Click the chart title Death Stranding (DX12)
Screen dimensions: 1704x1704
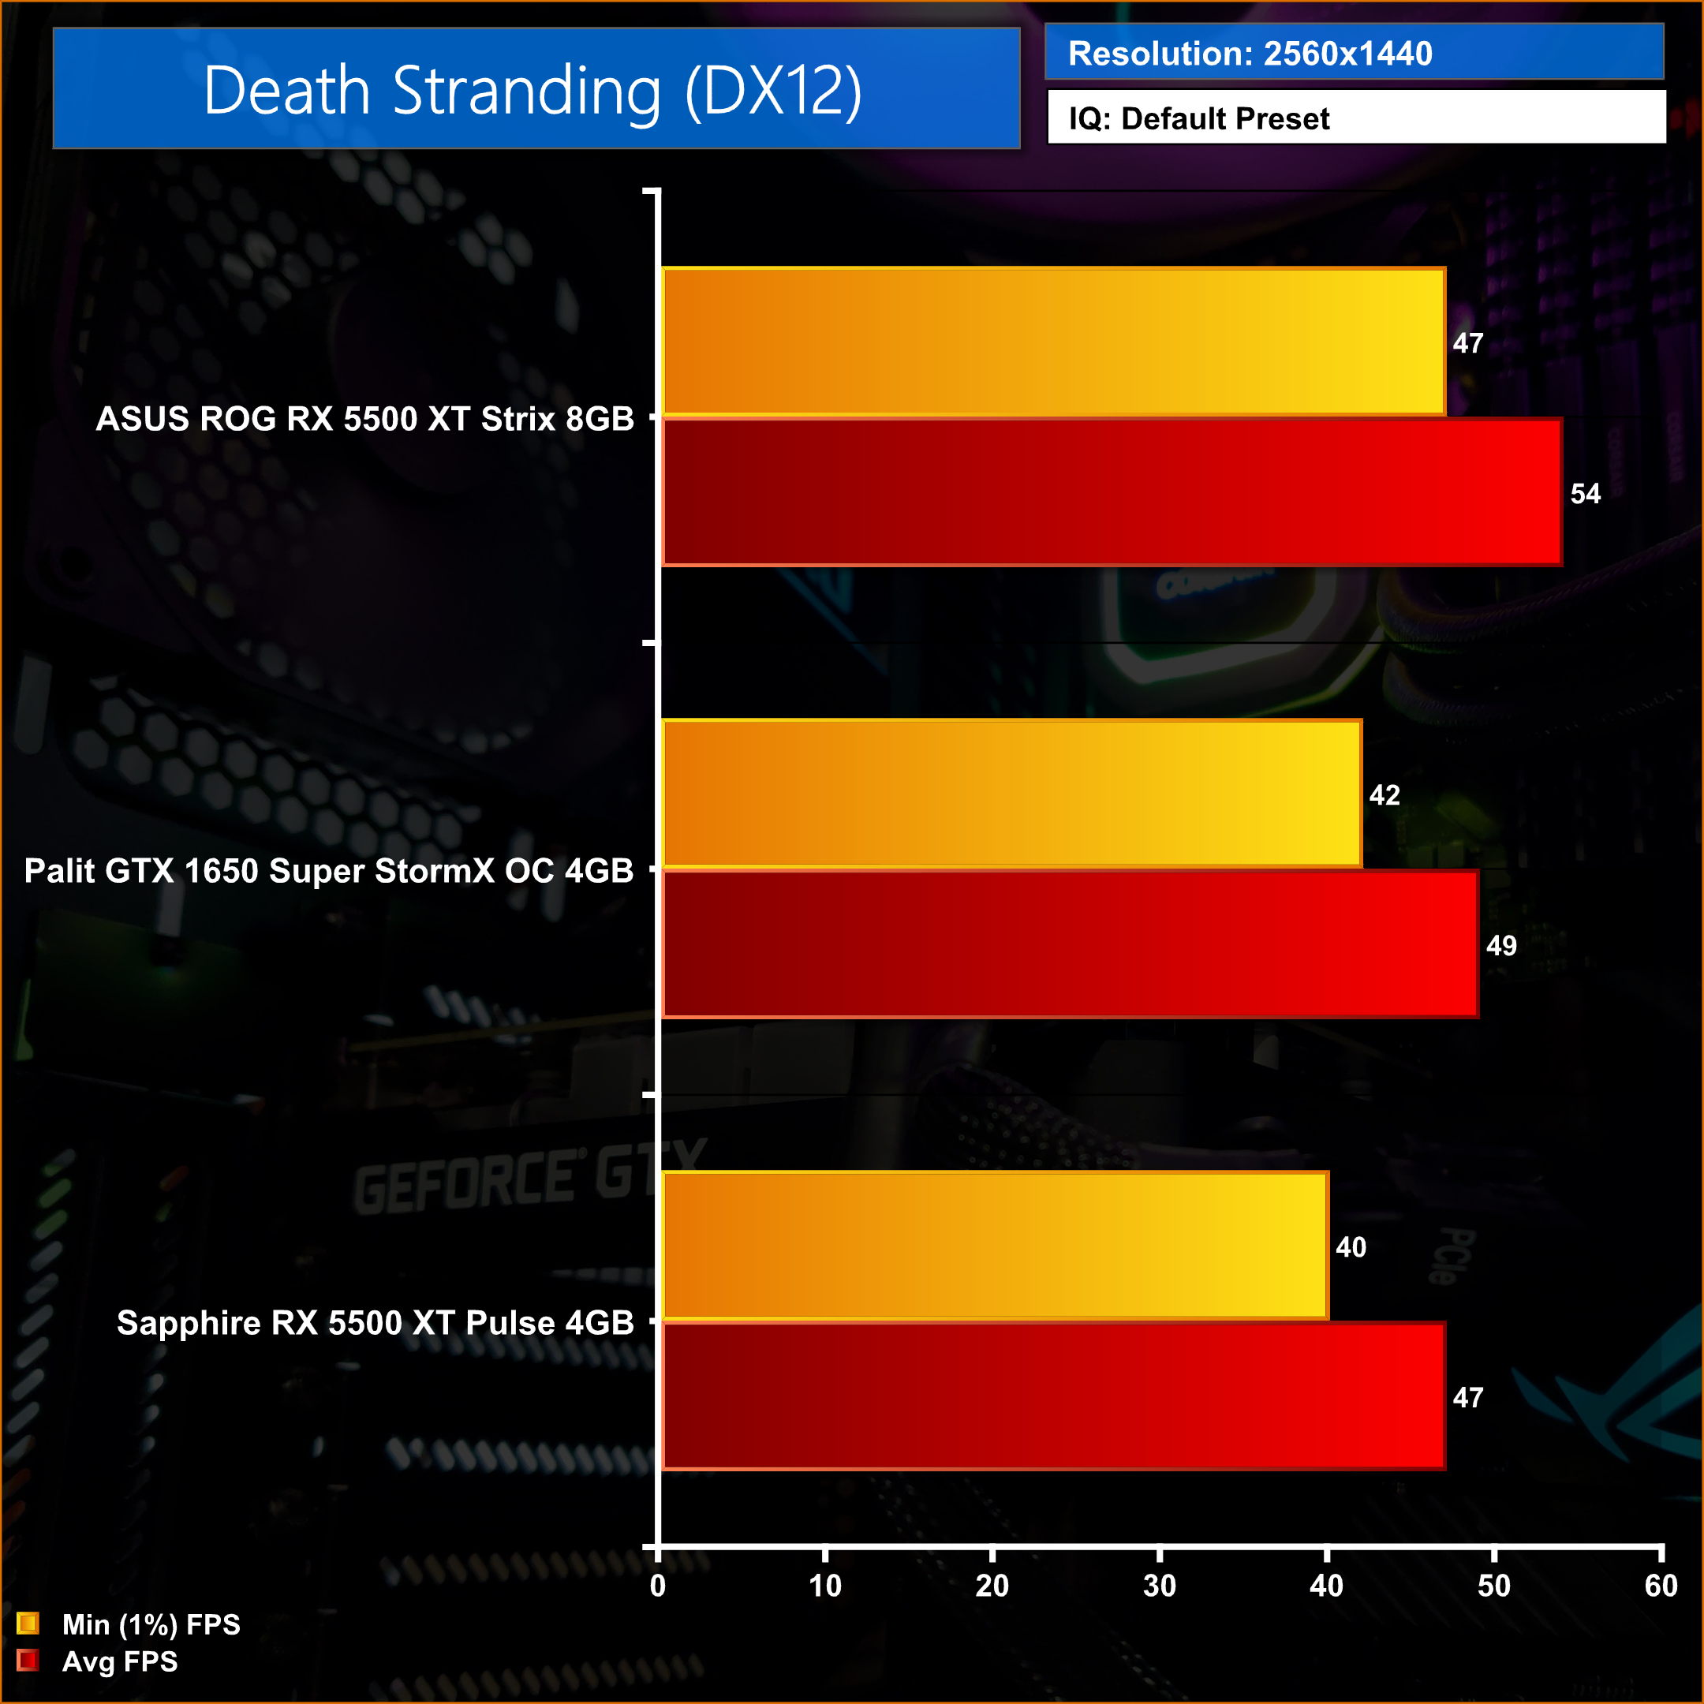(532, 90)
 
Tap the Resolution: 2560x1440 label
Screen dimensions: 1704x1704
(1250, 54)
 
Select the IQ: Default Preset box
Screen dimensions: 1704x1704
(1355, 118)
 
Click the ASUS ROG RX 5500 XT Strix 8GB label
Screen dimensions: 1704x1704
(364, 419)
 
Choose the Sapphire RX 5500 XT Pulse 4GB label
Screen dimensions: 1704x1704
(375, 1323)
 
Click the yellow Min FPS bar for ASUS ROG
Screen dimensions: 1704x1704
(1053, 342)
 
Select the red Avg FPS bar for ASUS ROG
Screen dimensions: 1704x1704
(1112, 492)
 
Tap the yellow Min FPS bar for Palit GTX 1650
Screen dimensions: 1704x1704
(1011, 794)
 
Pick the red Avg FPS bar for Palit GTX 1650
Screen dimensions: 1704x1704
(1070, 944)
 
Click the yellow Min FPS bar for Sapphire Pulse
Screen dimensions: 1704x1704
(995, 1246)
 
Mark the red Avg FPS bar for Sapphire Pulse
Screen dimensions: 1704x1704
(1053, 1396)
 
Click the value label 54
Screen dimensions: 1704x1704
(1585, 494)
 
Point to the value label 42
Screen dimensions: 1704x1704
(1384, 795)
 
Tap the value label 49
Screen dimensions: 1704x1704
(1501, 947)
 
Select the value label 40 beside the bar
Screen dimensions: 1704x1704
(1351, 1247)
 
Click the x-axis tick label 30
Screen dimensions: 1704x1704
(1159, 1586)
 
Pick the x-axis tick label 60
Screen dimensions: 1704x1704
(1661, 1586)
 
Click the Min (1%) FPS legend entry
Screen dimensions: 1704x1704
(128, 1624)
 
